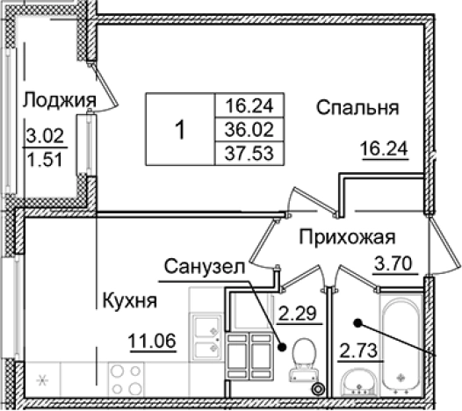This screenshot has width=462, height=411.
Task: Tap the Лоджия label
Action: pos(59,98)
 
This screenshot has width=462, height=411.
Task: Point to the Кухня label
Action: pos(128,300)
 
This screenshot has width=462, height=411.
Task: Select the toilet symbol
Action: pos(302,361)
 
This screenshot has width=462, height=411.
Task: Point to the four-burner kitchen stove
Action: pos(126,380)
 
